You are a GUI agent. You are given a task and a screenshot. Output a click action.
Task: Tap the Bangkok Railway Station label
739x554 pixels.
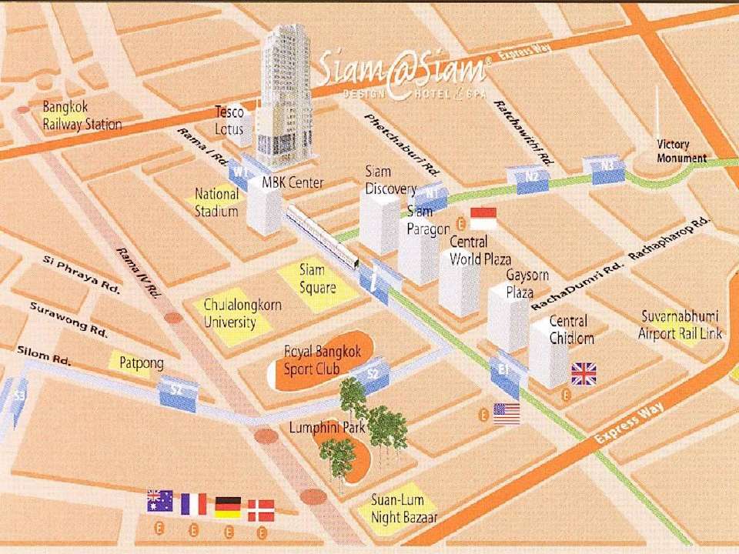point(82,115)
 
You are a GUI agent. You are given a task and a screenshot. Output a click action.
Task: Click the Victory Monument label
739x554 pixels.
point(680,152)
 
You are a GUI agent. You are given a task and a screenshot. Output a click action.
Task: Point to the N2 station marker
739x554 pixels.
point(531,175)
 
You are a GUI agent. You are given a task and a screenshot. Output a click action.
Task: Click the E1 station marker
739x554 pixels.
point(504,370)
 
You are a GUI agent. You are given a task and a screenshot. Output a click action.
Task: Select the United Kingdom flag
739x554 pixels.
point(584,374)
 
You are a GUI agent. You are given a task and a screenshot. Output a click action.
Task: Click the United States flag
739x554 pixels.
point(507,414)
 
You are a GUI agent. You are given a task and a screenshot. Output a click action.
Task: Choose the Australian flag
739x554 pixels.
point(159,502)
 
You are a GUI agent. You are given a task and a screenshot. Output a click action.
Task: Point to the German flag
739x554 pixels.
point(228,506)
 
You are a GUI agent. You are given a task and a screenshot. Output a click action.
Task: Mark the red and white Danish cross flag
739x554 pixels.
point(261,510)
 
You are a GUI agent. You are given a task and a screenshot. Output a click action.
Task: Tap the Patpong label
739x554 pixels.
point(141,362)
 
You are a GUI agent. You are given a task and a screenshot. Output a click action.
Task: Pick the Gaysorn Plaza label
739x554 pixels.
point(520,283)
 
